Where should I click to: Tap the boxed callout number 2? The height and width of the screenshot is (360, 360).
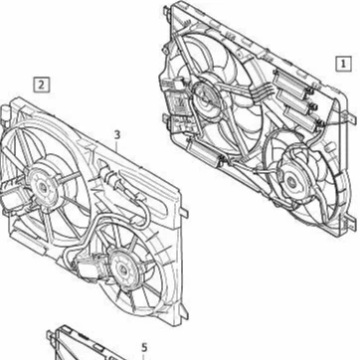coord(41,85)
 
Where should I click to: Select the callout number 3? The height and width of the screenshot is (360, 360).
coord(116,134)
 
